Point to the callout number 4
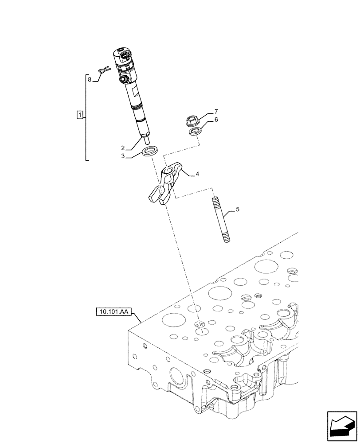coord(197,174)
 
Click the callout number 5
coord(238,209)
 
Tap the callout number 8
coord(90,80)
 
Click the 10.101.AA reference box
coord(112,312)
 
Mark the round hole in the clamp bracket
coord(167,171)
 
